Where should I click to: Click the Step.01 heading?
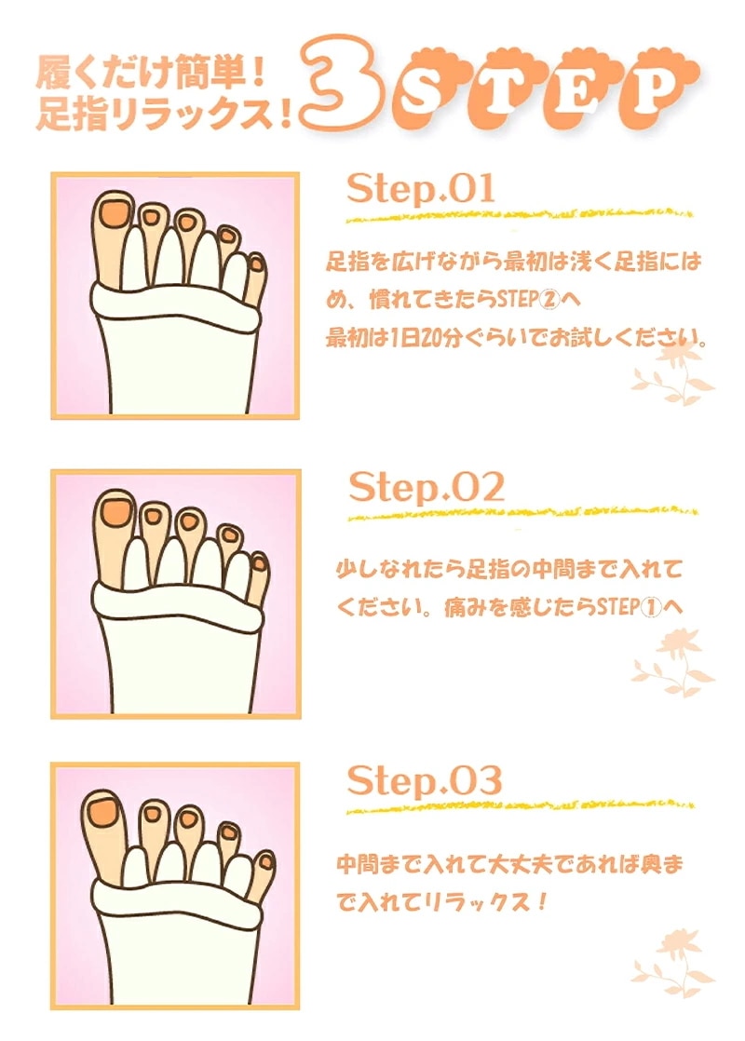click(421, 189)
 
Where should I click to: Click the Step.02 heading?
click(427, 488)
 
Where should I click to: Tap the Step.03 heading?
click(424, 780)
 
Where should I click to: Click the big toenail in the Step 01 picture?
click(115, 212)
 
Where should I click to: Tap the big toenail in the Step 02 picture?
click(116, 511)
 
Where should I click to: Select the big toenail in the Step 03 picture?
click(104, 808)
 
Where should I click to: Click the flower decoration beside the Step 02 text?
click(673, 663)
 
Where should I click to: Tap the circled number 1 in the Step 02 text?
click(651, 607)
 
